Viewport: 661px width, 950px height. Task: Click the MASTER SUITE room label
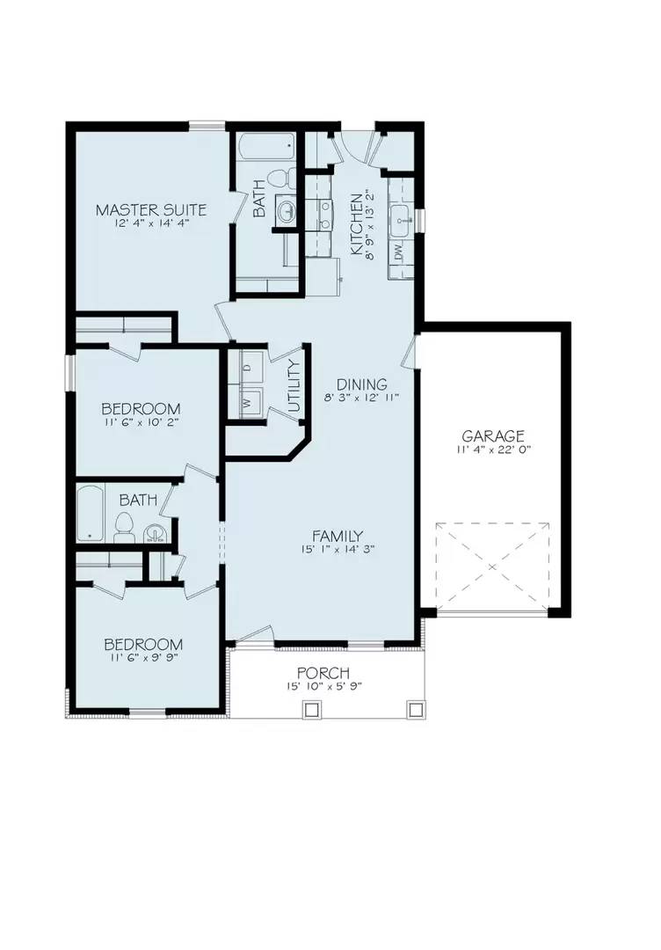tap(151, 210)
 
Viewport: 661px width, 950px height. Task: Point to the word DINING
tap(361, 384)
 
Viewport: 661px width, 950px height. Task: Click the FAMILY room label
tap(338, 536)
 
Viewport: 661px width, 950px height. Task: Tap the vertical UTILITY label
tap(294, 385)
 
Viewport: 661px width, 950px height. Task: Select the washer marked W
tap(246, 403)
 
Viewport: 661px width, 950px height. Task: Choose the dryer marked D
tap(247, 367)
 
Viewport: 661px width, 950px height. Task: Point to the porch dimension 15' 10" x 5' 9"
tap(325, 686)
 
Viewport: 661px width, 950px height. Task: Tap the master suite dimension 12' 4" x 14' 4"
tap(151, 224)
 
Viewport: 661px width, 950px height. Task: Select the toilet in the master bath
tap(280, 177)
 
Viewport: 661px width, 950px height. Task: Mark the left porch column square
tap(309, 708)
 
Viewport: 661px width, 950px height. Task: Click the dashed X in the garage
tap(492, 565)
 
